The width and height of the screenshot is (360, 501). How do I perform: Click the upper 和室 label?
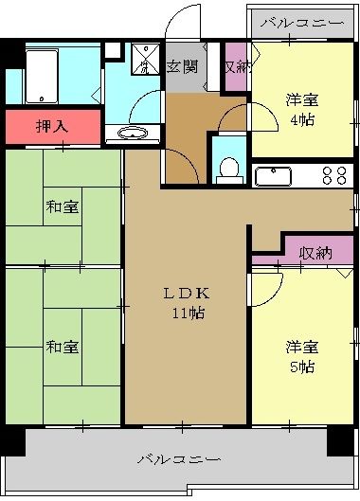pos(61,206)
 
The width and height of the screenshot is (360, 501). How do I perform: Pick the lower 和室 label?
pos(61,347)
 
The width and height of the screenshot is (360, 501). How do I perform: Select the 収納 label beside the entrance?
pos(236,66)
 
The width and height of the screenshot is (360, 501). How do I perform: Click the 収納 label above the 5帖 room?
pos(315,252)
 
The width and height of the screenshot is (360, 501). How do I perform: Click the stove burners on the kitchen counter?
pos(334,175)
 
